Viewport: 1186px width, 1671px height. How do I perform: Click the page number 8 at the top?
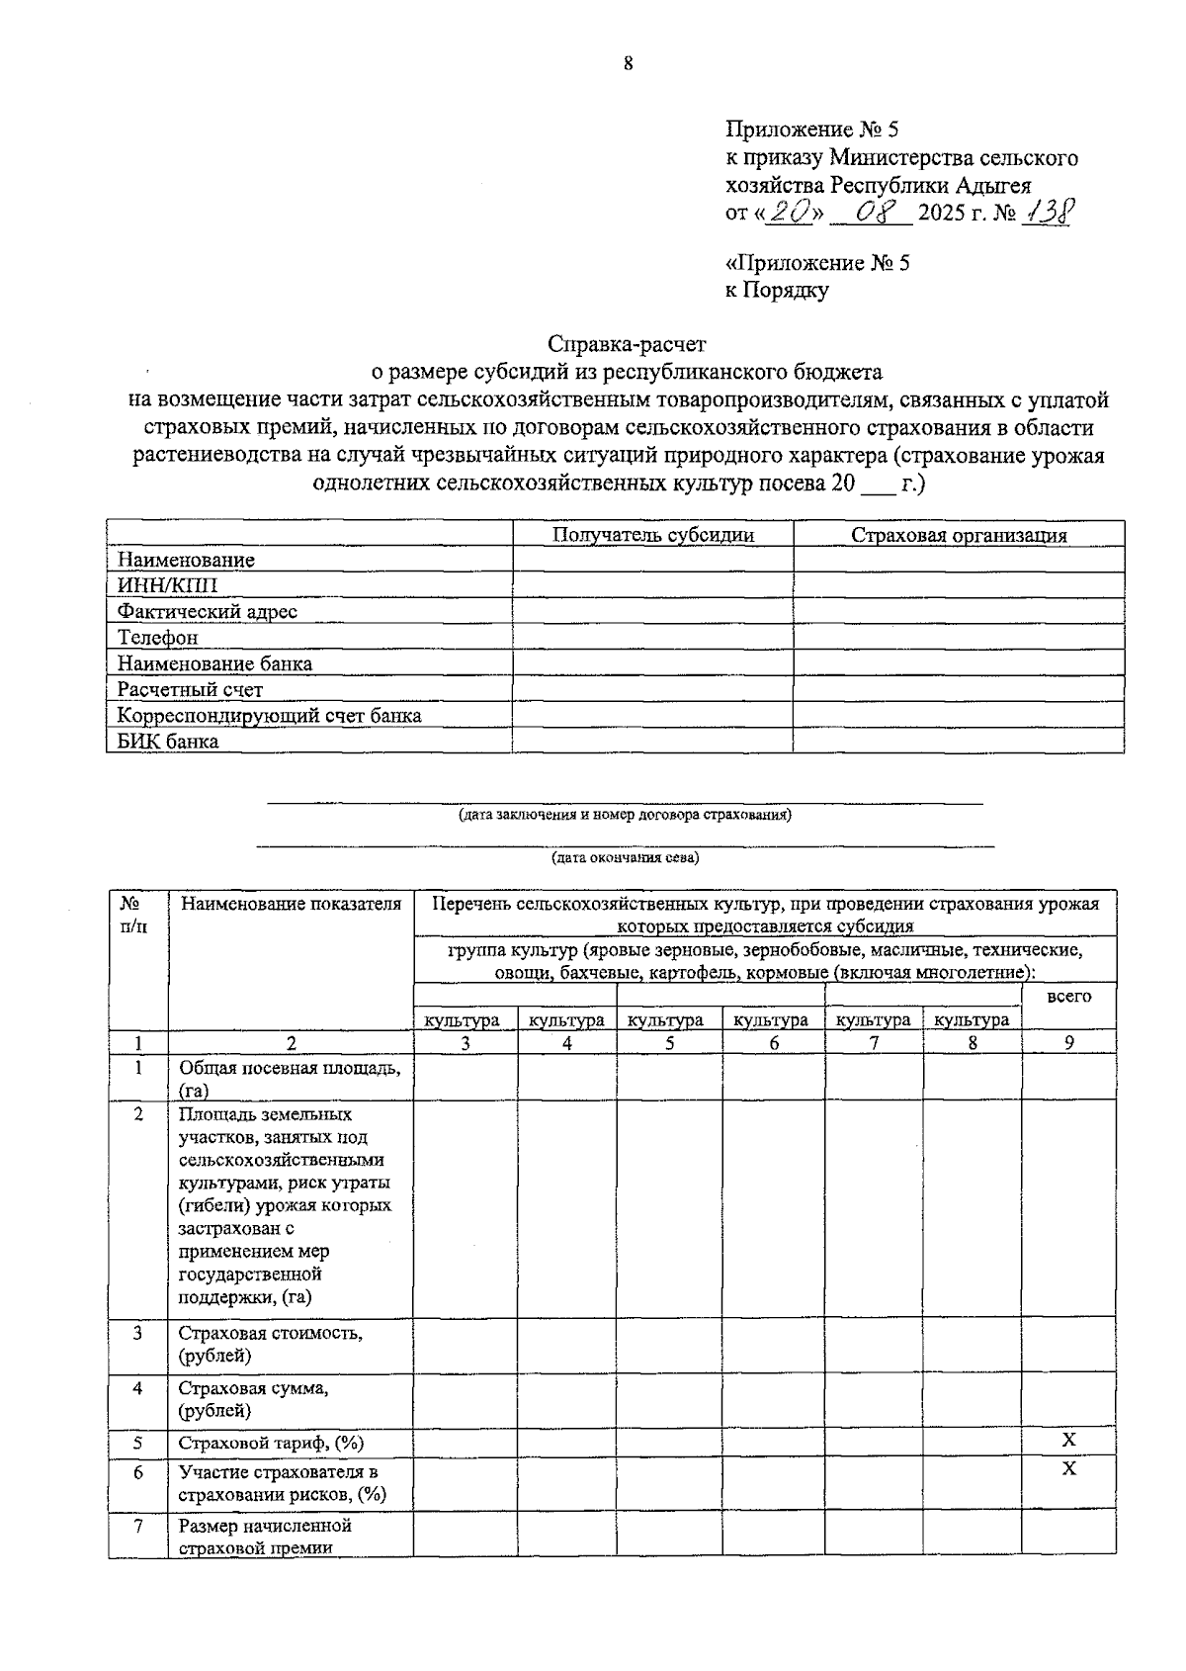[x=628, y=64]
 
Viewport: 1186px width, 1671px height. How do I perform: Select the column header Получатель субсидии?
[x=653, y=535]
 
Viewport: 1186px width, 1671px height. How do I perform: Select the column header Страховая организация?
[x=959, y=535]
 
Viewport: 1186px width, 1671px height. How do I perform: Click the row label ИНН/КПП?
[x=167, y=585]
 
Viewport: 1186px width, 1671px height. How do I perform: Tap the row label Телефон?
[x=157, y=638]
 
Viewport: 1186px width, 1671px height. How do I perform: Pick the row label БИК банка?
[x=168, y=741]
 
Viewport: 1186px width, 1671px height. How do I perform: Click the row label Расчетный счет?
[x=190, y=689]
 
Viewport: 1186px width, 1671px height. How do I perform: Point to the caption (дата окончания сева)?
[x=625, y=857]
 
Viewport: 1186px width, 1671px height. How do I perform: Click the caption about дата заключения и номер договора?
[x=625, y=816]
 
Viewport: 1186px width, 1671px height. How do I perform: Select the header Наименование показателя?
[x=291, y=903]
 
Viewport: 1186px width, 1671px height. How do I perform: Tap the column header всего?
[x=1068, y=996]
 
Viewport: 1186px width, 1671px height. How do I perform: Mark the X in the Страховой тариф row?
[x=1068, y=1441]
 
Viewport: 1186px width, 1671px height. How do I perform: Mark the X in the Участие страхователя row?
[x=1068, y=1469]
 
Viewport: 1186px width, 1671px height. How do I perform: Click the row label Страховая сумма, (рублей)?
[x=253, y=1399]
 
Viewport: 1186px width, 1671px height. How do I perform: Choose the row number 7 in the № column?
[x=138, y=1526]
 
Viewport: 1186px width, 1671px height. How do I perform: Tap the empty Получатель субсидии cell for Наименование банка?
[x=653, y=663]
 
